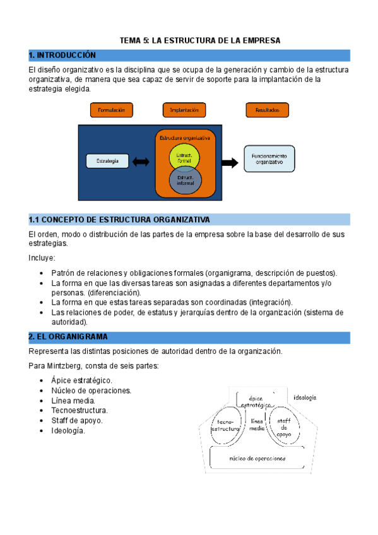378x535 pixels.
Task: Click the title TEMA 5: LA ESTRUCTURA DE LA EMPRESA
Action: point(200,40)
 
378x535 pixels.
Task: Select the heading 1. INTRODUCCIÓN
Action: point(62,56)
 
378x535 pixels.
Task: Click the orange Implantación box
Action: point(184,110)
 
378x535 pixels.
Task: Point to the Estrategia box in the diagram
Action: point(107,161)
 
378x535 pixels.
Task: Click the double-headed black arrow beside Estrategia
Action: point(141,162)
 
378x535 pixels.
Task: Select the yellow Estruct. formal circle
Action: point(184,157)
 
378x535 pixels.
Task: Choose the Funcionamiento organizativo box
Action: point(269,158)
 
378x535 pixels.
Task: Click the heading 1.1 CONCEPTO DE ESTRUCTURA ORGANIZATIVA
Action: point(119,220)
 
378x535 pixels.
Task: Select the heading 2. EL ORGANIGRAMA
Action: point(68,337)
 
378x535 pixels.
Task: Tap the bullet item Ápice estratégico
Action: point(82,380)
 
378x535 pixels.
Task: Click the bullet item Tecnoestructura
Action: point(79,411)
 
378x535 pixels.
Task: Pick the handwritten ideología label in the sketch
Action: point(305,397)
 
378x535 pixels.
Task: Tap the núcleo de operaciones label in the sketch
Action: point(257,459)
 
